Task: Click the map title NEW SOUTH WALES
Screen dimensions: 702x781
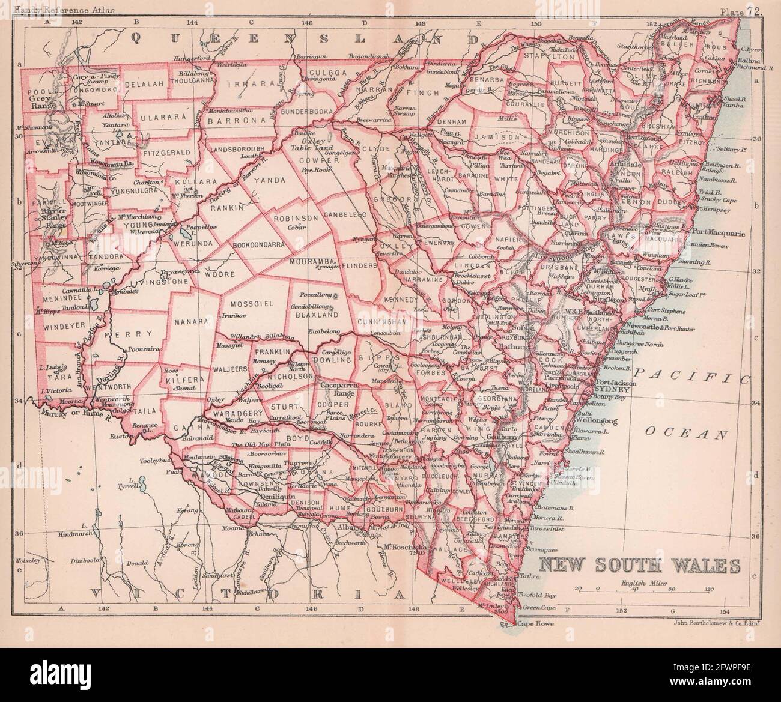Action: pos(639,566)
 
